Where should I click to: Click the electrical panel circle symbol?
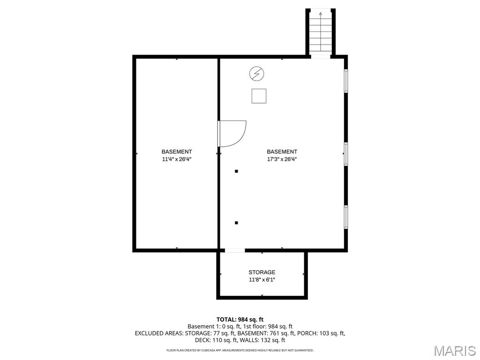257,74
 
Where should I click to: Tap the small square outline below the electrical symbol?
259,96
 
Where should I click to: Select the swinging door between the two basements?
232,134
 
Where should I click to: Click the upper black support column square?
236,171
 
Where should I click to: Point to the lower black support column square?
236,223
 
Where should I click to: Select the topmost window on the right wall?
346,81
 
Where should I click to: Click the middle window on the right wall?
346,154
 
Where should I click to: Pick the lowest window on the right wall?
346,217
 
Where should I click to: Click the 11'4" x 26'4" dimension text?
177,159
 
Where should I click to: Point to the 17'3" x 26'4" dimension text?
282,159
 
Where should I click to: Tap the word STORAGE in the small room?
262,272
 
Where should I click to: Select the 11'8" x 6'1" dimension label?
262,279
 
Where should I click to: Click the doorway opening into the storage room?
235,250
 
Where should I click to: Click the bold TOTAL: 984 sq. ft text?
240,320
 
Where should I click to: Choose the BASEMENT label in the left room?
177,152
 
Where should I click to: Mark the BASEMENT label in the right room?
282,152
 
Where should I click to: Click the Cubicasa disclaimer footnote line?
240,350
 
